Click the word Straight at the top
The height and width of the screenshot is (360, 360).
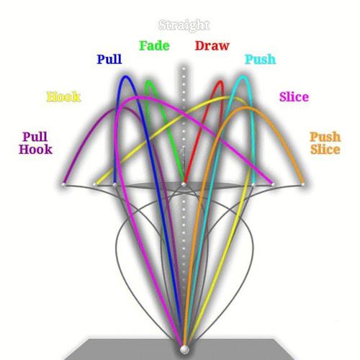pyautogui.click(x=184, y=25)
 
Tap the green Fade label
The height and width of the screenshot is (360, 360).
pyautogui.click(x=154, y=45)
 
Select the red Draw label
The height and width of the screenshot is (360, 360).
pyautogui.click(x=212, y=45)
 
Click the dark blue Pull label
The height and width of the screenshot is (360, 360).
pyautogui.click(x=109, y=59)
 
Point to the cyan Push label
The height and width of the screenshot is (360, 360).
pyautogui.click(x=260, y=59)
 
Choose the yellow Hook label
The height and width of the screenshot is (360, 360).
pyautogui.click(x=63, y=96)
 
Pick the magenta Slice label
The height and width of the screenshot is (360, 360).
pyautogui.click(x=294, y=96)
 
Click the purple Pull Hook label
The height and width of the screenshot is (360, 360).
pyautogui.click(x=35, y=143)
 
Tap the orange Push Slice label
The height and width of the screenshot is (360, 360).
pyautogui.click(x=325, y=143)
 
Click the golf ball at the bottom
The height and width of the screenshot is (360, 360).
pyautogui.click(x=184, y=349)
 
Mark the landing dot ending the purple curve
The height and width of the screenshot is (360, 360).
pyautogui.click(x=63, y=184)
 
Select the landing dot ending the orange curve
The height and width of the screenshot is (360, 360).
pyautogui.click(x=303, y=184)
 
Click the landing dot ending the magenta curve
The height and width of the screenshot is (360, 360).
pyautogui.click(x=273, y=184)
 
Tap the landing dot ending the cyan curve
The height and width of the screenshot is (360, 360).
pyautogui.click(x=253, y=184)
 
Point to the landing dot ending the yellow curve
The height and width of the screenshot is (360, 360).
pyautogui.click(x=95, y=184)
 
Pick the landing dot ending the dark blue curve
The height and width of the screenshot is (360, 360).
pyautogui.click(x=114, y=184)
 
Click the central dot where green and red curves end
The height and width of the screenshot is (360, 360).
pyautogui.click(x=184, y=184)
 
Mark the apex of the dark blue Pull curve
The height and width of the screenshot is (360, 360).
pyautogui.click(x=125, y=77)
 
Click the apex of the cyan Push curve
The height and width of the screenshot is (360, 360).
pyautogui.click(x=243, y=77)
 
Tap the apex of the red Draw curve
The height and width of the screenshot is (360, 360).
pyautogui.click(x=221, y=82)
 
